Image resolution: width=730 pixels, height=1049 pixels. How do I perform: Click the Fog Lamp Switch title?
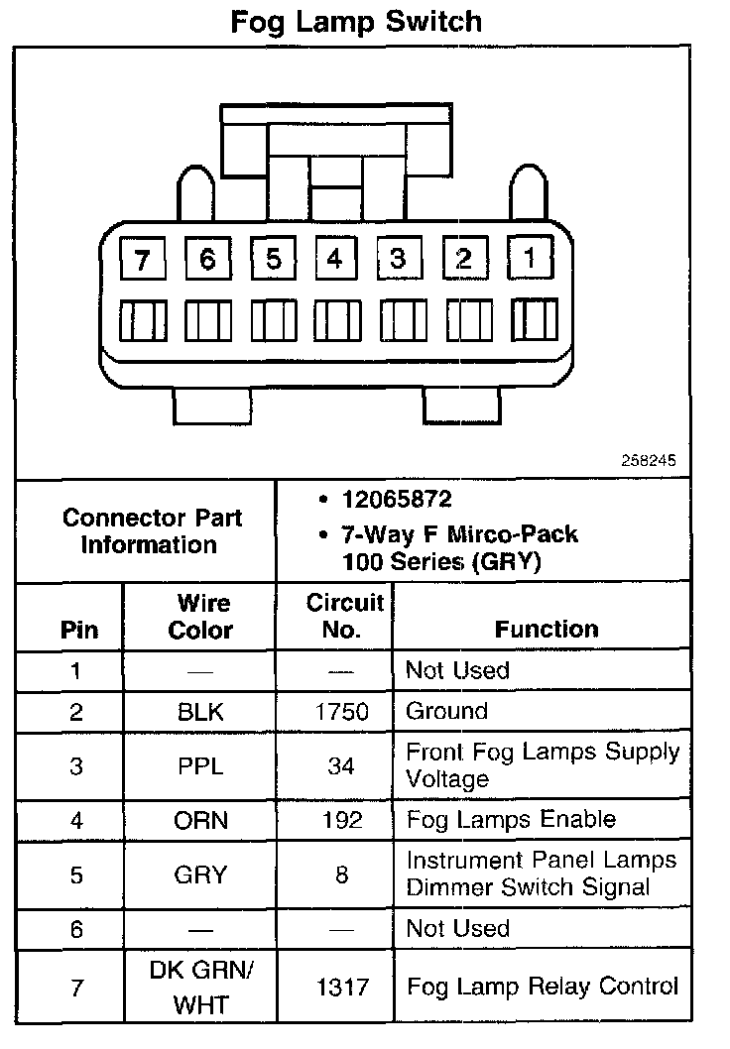point(356,22)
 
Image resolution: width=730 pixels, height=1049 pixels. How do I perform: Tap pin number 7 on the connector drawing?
point(143,261)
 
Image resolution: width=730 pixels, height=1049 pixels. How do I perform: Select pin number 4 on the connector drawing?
point(335,259)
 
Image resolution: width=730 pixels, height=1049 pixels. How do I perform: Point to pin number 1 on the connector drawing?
point(531,259)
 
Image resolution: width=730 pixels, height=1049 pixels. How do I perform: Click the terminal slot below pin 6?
point(207,322)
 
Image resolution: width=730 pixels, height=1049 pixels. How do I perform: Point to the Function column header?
point(547,630)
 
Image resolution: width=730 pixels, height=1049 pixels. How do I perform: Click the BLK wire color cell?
point(200,712)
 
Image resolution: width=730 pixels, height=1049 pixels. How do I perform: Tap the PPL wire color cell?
point(200,766)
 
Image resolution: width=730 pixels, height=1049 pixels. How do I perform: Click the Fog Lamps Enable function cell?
point(511,820)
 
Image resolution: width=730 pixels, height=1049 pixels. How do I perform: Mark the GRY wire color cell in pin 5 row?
point(200,875)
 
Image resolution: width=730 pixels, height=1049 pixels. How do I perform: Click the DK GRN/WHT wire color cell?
point(200,988)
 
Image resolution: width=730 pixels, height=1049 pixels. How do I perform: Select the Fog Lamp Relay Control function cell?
point(543,987)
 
